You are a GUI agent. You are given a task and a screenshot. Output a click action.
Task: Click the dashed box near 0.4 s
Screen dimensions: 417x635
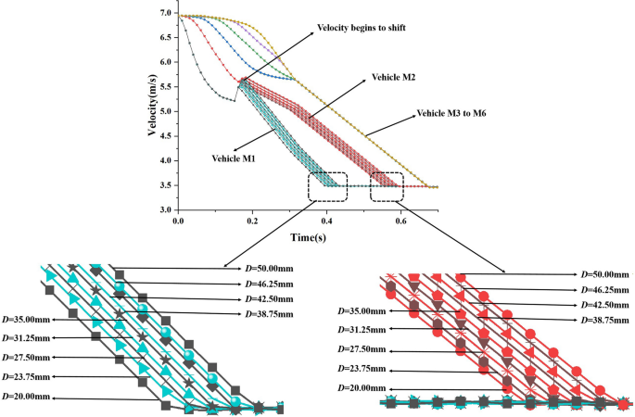328,186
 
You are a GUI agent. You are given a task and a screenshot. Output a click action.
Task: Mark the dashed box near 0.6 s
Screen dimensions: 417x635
387,186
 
